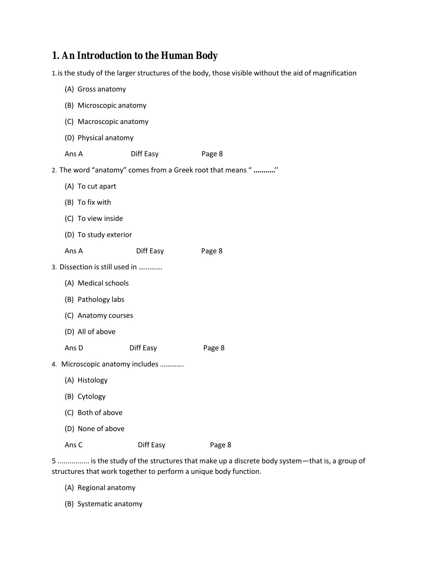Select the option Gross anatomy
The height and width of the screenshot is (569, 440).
pyautogui.click(x=101, y=89)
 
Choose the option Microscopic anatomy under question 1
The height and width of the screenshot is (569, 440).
pyautogui.click(x=112, y=105)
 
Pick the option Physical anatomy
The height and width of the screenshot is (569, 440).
pyautogui.click(x=105, y=138)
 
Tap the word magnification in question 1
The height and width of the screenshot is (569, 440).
pyautogui.click(x=334, y=73)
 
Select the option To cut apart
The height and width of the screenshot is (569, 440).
pyautogui.click(x=97, y=186)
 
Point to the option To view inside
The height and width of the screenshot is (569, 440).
pyautogui.click(x=100, y=218)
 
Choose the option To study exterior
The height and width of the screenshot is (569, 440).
pyautogui.click(x=105, y=234)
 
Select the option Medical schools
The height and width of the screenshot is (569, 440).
pyautogui.click(x=103, y=283)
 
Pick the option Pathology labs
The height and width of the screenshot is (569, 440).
pyautogui.click(x=101, y=299)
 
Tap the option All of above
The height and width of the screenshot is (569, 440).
pyautogui.click(x=96, y=332)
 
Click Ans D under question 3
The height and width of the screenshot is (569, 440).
pyautogui.click(x=74, y=348)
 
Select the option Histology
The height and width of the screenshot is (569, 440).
pyautogui.click(x=92, y=380)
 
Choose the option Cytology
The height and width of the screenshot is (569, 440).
pyautogui.click(x=91, y=396)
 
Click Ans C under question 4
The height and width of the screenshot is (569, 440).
pyautogui.click(x=74, y=445)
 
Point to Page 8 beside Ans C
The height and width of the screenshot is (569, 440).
pyautogui.click(x=221, y=445)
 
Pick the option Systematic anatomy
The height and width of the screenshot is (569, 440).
pyautogui.click(x=110, y=504)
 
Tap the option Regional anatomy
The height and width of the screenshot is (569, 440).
pyautogui.click(x=106, y=488)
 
